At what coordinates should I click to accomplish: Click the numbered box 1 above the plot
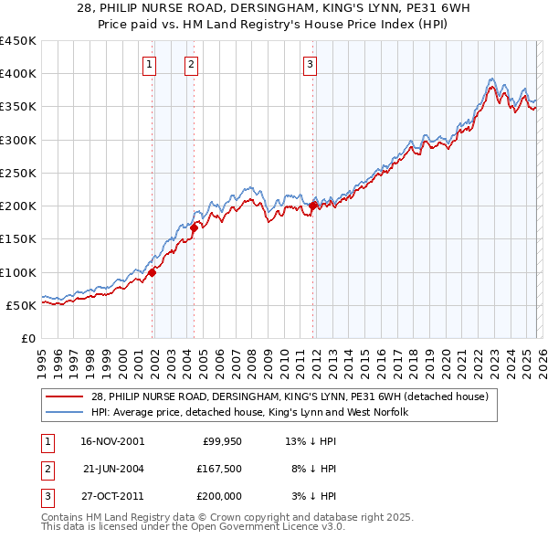149,64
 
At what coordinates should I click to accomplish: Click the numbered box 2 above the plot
191,64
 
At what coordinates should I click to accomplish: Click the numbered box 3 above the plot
310,64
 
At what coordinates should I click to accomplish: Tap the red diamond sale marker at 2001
153,271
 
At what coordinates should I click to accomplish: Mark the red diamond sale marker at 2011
313,206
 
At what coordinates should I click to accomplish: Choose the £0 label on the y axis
28,338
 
